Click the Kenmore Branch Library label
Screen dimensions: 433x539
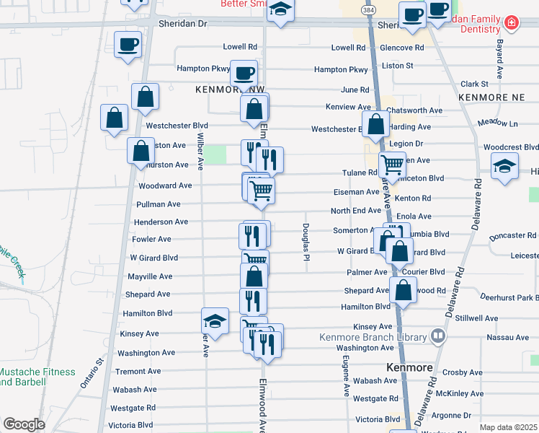pyautogui.click(x=373, y=336)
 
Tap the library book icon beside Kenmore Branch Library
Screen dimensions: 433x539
pyautogui.click(x=437, y=336)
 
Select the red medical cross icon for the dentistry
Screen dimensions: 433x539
pyautogui.click(x=512, y=23)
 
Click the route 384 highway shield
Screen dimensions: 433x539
pyautogui.click(x=369, y=12)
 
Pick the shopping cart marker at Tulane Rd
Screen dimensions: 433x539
pyautogui.click(x=392, y=165)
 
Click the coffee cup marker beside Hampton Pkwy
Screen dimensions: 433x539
pyautogui.click(x=244, y=73)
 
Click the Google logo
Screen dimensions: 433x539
pyautogui.click(x=24, y=424)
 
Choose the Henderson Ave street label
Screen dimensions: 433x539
pyautogui.click(x=160, y=222)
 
